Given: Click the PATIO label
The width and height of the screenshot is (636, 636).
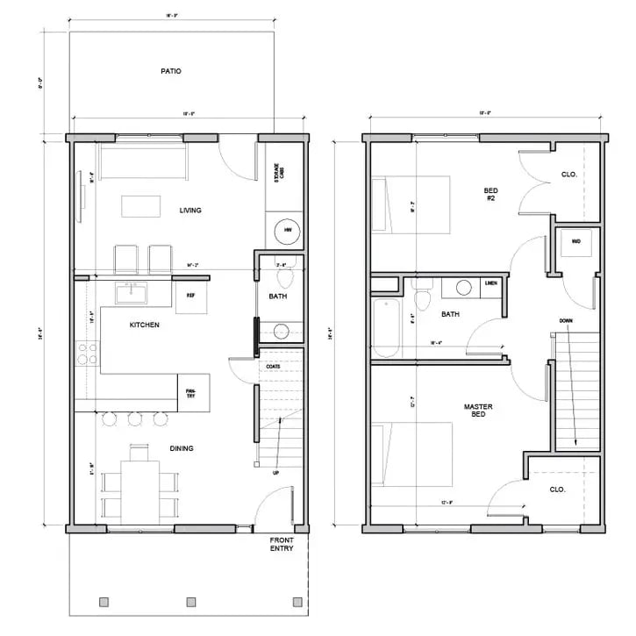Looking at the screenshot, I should tap(171, 71).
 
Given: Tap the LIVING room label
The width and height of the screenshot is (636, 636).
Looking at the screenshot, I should tap(190, 211).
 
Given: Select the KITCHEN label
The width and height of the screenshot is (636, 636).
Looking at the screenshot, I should tap(145, 325).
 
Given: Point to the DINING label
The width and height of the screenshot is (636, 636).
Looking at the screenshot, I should tap(182, 448).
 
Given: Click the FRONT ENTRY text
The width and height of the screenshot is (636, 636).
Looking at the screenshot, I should tap(282, 545).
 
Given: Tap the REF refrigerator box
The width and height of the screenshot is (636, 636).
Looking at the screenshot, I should tap(190, 296).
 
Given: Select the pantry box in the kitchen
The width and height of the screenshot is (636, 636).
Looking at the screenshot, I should tap(189, 392).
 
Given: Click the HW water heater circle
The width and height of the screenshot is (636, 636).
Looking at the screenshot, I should tap(286, 232).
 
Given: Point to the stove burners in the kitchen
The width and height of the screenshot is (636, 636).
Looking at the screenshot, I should tap(88, 354).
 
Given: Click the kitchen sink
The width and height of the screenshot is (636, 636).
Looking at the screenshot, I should tap(133, 289).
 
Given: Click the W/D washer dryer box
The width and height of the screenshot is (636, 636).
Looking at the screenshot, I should tap(576, 241).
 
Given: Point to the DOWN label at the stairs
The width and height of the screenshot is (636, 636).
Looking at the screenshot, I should tap(566, 321).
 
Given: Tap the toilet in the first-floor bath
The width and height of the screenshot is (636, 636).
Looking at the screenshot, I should tap(283, 276).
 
